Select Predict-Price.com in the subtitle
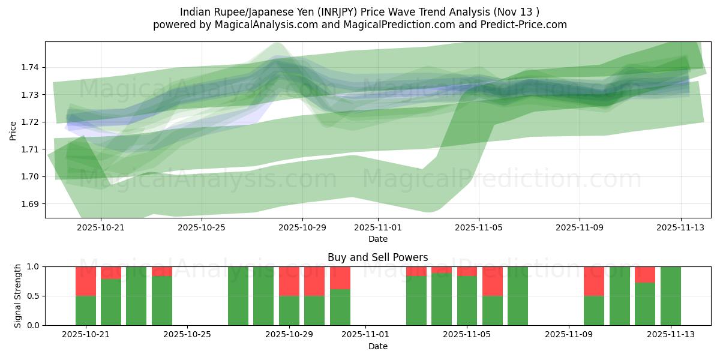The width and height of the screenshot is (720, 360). (521, 25)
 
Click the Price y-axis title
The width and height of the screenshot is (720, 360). (13, 130)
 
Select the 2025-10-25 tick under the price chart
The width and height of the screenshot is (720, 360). (202, 228)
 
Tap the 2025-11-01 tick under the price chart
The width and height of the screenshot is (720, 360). (378, 228)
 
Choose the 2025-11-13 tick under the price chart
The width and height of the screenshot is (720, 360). (680, 228)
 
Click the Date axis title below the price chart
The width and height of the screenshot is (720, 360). (378, 239)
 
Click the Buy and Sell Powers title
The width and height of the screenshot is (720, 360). (378, 257)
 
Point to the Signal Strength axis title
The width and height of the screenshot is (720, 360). (18, 296)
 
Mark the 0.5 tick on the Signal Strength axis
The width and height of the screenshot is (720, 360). (34, 296)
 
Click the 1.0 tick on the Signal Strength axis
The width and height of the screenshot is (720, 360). (34, 266)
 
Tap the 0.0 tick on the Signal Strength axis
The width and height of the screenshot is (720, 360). (34, 325)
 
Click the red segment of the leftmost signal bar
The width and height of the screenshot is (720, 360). (86, 281)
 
